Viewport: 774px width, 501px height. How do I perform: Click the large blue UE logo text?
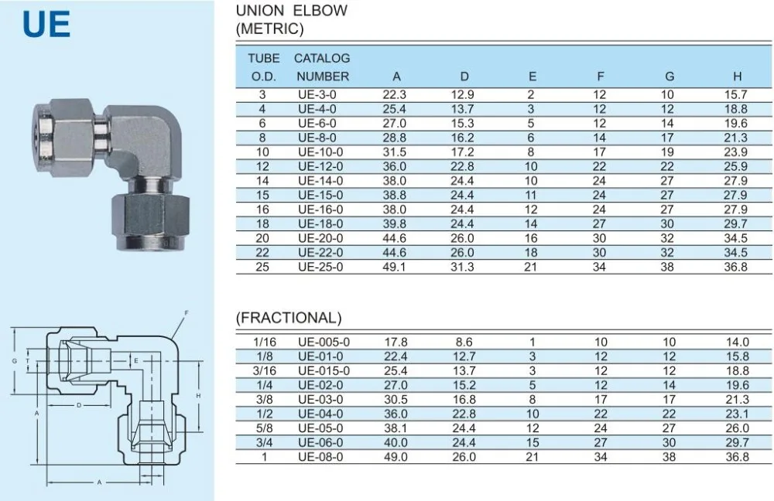pyautogui.click(x=46, y=25)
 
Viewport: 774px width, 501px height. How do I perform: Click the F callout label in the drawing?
pyautogui.click(x=186, y=312)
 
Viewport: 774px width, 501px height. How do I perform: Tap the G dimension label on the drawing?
pyautogui.click(x=14, y=361)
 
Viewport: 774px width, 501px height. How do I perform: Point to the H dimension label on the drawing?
pyautogui.click(x=198, y=396)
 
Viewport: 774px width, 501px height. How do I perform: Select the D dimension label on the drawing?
pyautogui.click(x=79, y=405)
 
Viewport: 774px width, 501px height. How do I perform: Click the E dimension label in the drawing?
pyautogui.click(x=136, y=361)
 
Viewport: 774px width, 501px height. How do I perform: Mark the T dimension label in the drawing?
pyautogui.click(x=28, y=361)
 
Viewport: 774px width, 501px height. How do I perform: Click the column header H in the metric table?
pyautogui.click(x=737, y=77)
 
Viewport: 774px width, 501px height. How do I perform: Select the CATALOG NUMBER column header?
pyautogui.click(x=322, y=67)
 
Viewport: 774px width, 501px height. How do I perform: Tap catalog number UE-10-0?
pyautogui.click(x=320, y=152)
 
